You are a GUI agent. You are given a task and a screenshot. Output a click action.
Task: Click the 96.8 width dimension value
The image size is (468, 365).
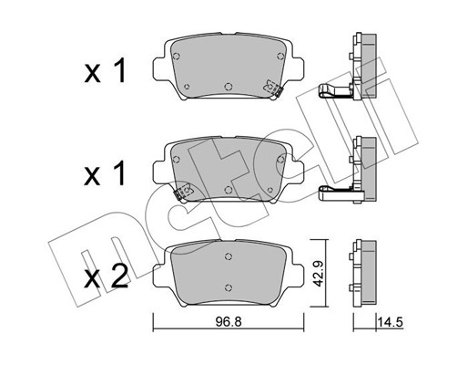tap(229, 321)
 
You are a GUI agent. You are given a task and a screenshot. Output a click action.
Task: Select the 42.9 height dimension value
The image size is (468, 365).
tap(319, 273)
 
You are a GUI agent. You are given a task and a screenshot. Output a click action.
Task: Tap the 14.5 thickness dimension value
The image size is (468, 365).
tap(390, 322)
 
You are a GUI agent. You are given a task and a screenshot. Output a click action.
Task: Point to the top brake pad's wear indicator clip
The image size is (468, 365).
tap(272, 88)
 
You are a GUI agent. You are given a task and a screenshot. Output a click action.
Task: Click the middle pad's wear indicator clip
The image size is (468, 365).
tap(183, 192)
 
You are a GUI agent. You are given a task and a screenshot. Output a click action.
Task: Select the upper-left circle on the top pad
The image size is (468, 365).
tap(176, 57)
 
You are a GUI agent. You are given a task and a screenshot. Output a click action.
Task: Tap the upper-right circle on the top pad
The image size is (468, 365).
tap(280, 56)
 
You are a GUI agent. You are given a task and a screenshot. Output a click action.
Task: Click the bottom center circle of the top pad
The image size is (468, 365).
tap(229, 87)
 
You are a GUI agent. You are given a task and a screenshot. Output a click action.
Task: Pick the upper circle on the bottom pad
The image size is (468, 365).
tap(229, 256)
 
